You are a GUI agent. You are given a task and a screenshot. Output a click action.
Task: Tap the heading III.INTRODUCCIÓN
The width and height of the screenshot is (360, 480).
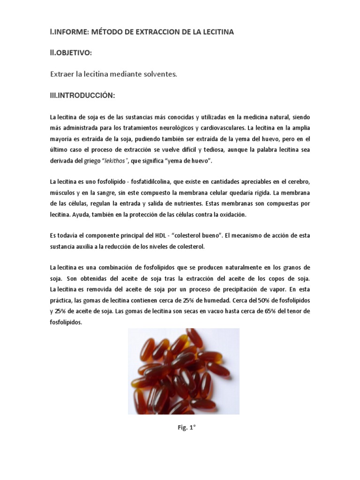point(82,96)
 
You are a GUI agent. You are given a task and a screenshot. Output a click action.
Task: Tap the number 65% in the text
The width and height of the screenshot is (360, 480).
point(277,311)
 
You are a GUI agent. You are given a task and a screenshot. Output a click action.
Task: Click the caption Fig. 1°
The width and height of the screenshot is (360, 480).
point(184,427)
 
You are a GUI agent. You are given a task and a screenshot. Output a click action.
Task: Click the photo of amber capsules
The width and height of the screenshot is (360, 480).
point(184,371)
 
